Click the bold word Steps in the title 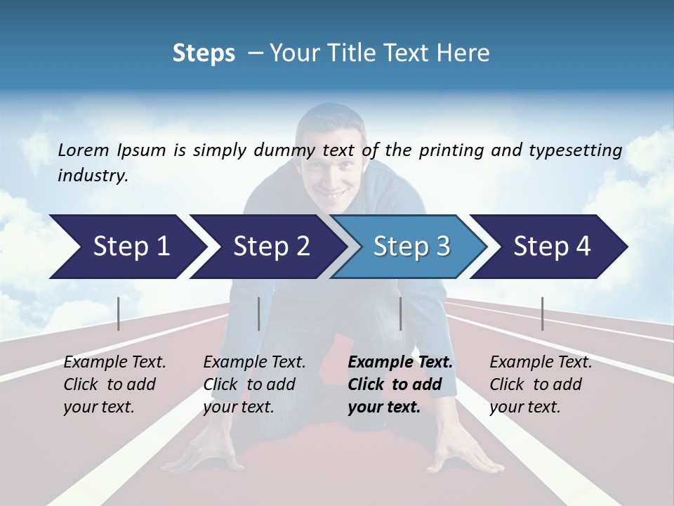[x=204, y=53]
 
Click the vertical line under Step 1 [x=119, y=313]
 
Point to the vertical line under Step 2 [x=259, y=313]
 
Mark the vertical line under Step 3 [x=400, y=313]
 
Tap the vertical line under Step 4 [x=542, y=313]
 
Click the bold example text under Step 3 [x=400, y=384]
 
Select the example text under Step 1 [x=114, y=384]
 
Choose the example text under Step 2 [x=254, y=384]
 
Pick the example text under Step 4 [x=541, y=384]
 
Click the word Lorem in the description [x=84, y=150]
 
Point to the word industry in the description [x=93, y=176]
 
